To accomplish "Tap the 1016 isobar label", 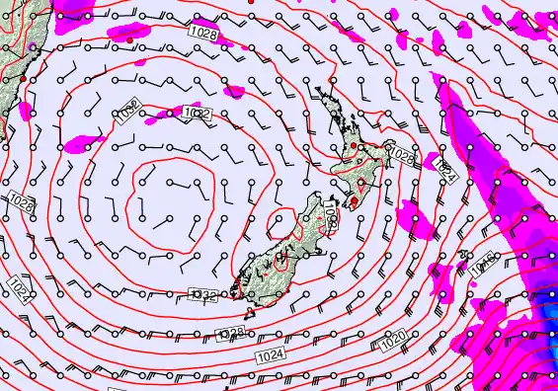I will point(483,264).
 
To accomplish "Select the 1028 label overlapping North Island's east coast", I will point(401,154).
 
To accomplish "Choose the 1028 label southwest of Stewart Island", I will point(230,333).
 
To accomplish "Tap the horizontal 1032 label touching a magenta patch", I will point(198,114).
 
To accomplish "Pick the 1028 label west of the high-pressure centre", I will point(22,201).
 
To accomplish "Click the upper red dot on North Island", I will point(362,149).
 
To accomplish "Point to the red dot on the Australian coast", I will point(22,76).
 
